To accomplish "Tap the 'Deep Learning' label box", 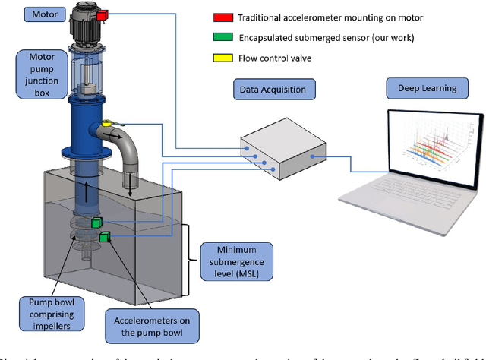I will click(427, 88).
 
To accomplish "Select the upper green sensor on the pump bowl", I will click(97, 223).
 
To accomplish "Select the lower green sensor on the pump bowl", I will click(104, 238).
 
